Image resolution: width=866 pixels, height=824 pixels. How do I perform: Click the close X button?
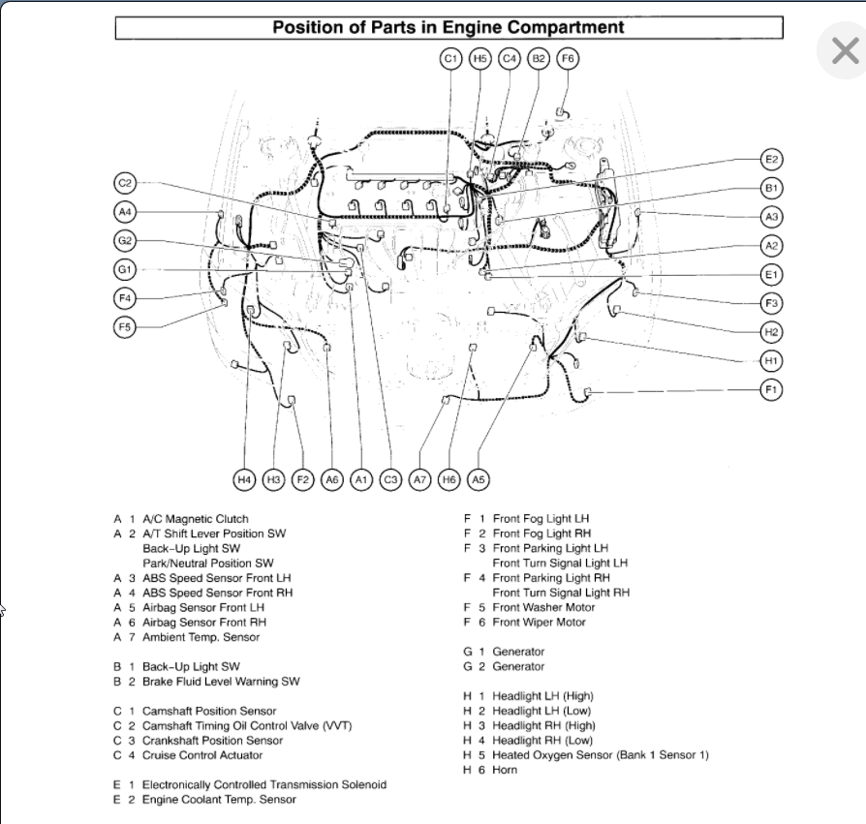[844, 51]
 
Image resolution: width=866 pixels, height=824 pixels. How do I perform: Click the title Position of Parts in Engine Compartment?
[448, 27]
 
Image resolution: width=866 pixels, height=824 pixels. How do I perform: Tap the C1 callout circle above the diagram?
[450, 59]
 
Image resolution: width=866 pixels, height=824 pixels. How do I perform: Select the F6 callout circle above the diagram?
[568, 59]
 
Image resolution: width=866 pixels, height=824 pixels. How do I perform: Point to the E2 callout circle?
[772, 160]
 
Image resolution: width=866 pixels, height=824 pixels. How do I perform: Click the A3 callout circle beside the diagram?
[772, 217]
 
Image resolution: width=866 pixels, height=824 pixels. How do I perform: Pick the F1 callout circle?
[772, 389]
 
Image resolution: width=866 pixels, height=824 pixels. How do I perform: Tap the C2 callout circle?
[125, 183]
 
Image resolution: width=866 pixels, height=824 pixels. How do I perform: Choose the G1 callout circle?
[125, 269]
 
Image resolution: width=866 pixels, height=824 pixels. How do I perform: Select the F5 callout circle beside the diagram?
[125, 326]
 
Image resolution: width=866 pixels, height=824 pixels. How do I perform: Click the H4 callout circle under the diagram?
[244, 478]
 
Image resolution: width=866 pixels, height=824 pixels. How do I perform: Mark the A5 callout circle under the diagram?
[478, 478]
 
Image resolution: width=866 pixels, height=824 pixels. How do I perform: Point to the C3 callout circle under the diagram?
[390, 478]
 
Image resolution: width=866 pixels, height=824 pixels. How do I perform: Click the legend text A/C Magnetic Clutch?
[195, 519]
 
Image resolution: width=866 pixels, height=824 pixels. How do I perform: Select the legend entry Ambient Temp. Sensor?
[201, 637]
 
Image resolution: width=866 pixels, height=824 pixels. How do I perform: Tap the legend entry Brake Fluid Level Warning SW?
[221, 682]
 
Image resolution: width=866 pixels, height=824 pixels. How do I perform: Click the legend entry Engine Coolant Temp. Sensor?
[219, 800]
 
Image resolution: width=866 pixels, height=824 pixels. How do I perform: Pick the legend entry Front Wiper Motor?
[539, 623]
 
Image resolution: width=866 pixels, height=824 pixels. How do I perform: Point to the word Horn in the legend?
[505, 770]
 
